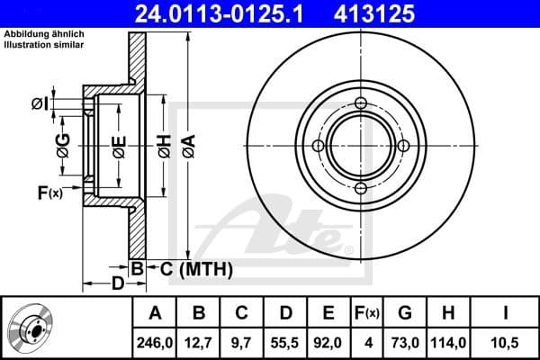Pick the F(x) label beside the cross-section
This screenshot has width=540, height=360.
tap(49, 192)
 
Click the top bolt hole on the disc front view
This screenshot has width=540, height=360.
tap(361, 103)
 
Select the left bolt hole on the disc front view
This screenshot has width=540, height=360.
tap(318, 146)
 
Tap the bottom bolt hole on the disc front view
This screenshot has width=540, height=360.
tap(361, 188)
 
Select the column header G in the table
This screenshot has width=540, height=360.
tap(404, 313)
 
